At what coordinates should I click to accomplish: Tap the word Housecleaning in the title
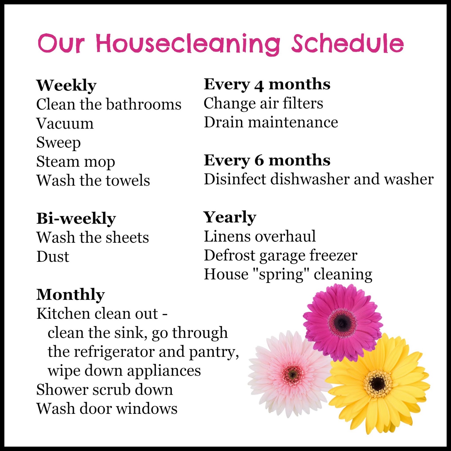[x=188, y=45]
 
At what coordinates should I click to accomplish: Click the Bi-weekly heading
[x=76, y=218]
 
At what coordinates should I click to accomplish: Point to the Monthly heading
[x=70, y=295]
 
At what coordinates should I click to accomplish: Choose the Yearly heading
[x=230, y=217]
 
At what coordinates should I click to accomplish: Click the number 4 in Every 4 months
[x=259, y=85]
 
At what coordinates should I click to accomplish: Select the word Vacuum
[x=65, y=123]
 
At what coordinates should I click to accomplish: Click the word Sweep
[x=58, y=143]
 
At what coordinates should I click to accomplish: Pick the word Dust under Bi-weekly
[x=53, y=257]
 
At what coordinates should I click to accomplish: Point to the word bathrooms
[x=144, y=105]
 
